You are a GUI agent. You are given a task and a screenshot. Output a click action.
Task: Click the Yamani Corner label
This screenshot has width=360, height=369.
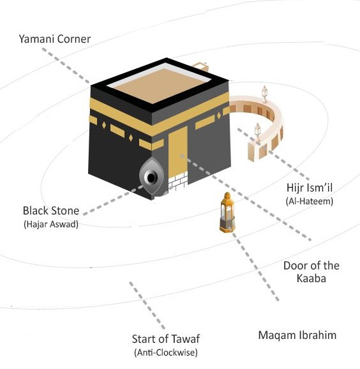pyautogui.click(x=55, y=39)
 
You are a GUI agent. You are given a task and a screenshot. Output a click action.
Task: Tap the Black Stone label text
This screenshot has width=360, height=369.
pyautogui.click(x=51, y=211)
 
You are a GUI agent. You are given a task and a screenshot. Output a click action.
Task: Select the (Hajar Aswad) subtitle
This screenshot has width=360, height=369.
pyautogui.click(x=51, y=224)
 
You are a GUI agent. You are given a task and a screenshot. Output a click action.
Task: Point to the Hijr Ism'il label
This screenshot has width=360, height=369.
pyautogui.click(x=310, y=188)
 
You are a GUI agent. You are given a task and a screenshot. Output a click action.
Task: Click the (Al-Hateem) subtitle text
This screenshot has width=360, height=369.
pyautogui.click(x=310, y=201)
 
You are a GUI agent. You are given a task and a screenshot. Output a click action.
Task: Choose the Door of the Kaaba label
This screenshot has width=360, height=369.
pyautogui.click(x=311, y=272)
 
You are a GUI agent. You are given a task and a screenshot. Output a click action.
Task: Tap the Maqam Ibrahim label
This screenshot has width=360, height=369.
pyautogui.click(x=297, y=335)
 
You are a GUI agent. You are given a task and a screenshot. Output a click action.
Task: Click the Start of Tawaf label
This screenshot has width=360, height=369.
pyautogui.click(x=166, y=339)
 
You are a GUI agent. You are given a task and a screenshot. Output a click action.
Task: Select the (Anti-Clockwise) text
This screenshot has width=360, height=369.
pyautogui.click(x=166, y=352)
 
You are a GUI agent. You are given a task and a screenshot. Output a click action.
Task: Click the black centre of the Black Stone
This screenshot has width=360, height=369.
pyautogui.click(x=151, y=177)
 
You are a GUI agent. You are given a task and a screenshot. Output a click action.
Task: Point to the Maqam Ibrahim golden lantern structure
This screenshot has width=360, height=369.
pyautogui.click(x=227, y=212)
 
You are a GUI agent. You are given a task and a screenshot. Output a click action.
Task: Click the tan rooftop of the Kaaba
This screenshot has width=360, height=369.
pyautogui.click(x=160, y=84)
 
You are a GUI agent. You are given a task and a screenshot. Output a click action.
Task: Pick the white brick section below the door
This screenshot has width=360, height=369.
pyautogui.click(x=178, y=181)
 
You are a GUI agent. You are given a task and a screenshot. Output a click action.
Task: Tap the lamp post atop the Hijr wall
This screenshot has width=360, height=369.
pyautogui.click(x=265, y=94)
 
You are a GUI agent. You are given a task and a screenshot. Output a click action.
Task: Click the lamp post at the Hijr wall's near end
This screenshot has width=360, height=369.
pyautogui.click(x=258, y=132)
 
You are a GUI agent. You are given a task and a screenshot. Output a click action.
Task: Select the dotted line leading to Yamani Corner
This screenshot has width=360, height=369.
pyautogui.click(x=66, y=66)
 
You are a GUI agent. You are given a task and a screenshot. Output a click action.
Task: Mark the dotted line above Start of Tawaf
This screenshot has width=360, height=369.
pyautogui.click(x=147, y=305)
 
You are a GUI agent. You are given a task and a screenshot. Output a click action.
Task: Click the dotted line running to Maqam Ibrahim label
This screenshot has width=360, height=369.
pyautogui.click(x=255, y=267)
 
